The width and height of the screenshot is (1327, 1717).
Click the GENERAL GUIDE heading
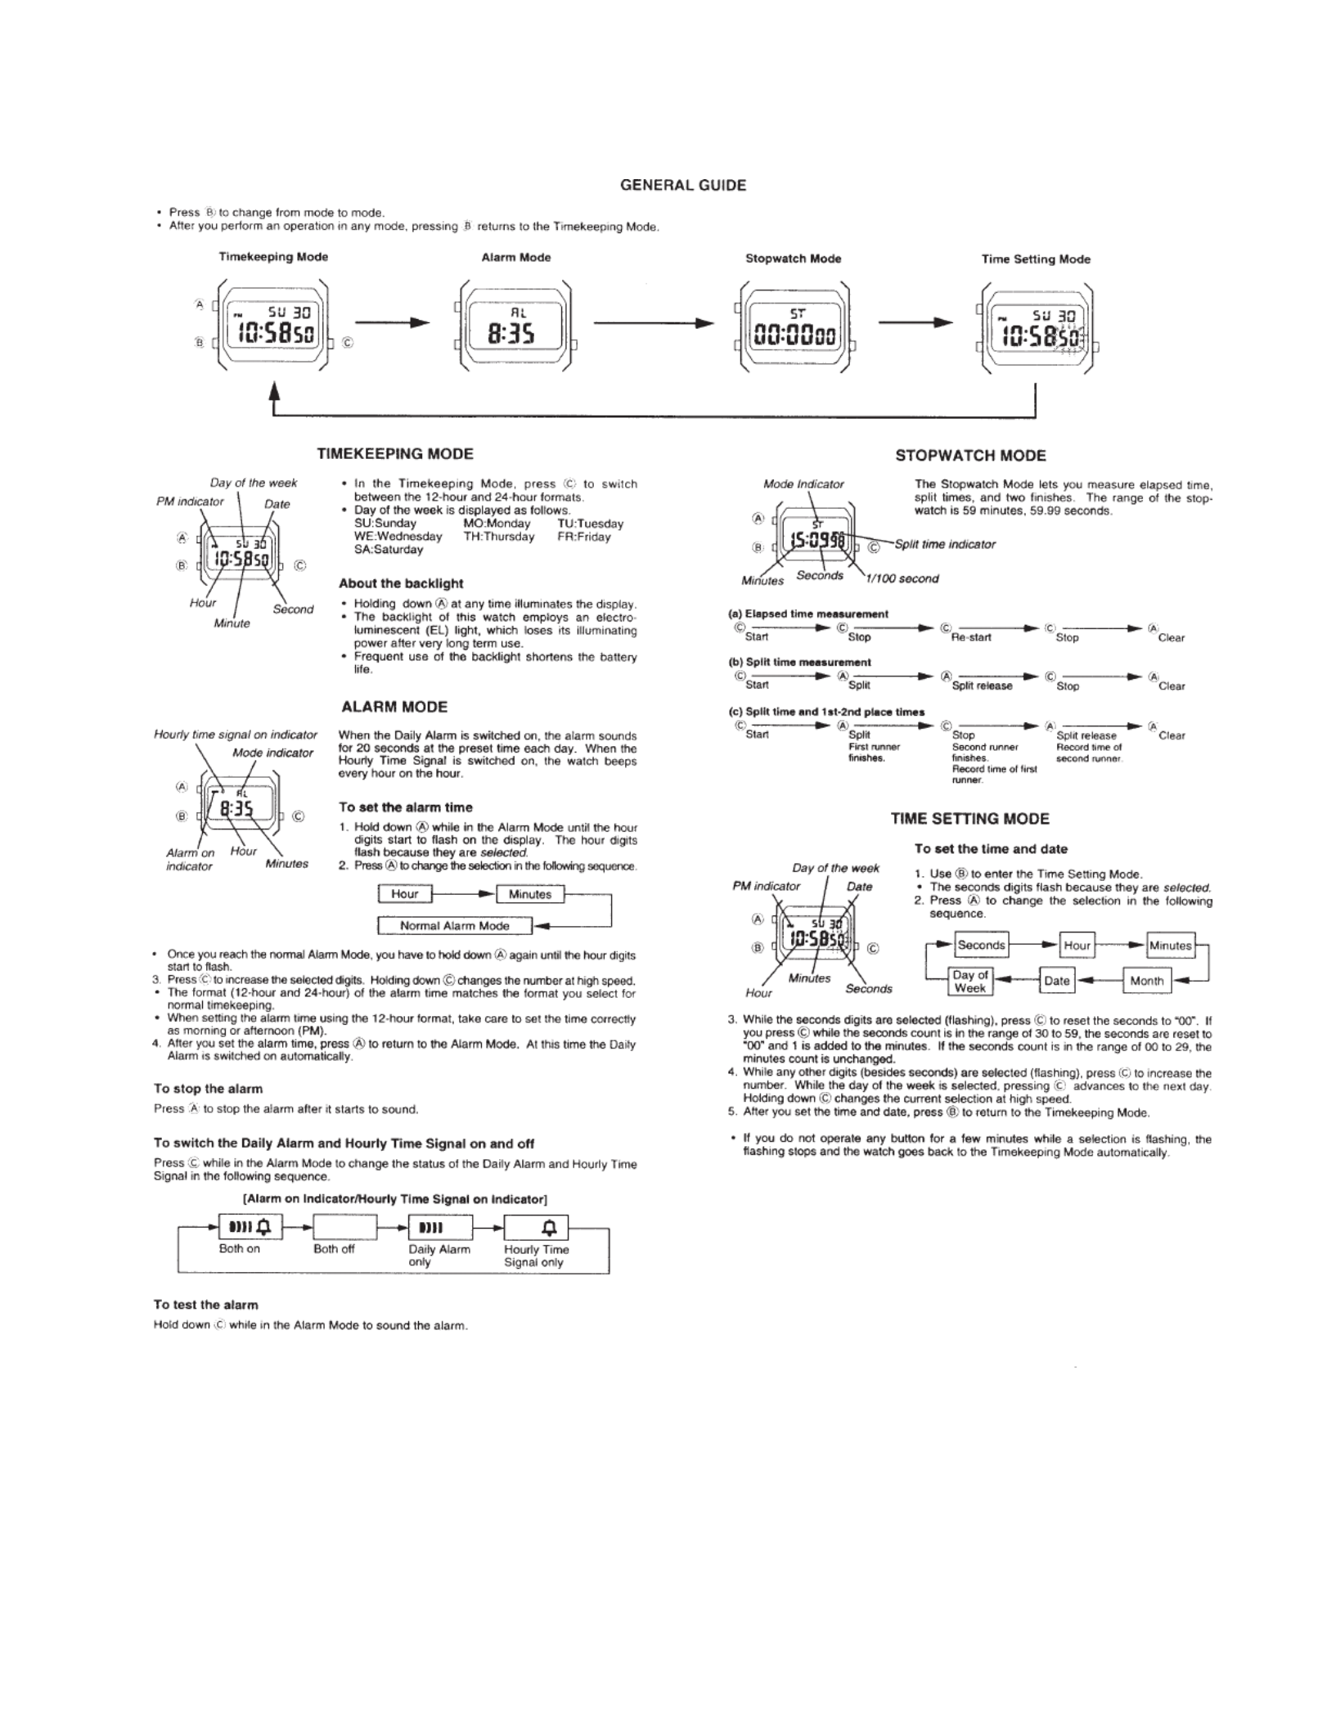coord(683,186)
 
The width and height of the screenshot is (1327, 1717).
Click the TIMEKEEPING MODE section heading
coord(395,454)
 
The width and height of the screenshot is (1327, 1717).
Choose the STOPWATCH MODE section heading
coord(970,456)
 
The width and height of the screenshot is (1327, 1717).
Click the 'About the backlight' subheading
coord(401,584)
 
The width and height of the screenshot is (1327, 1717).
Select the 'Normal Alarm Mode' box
coord(455,926)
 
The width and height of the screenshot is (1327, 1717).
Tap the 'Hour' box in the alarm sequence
coord(405,894)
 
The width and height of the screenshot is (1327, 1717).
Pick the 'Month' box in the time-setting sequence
coord(1147,981)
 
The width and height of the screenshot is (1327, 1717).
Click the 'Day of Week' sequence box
coord(970,982)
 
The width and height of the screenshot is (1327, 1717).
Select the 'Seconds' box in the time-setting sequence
coord(981,945)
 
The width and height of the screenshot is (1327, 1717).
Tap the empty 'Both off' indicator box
coord(345,1227)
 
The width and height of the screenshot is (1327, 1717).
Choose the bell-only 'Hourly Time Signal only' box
coord(536,1227)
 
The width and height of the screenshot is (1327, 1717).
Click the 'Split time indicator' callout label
coord(945,545)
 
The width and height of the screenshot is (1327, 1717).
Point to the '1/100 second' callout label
coord(902,579)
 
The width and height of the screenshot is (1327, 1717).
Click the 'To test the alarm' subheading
coord(206,1305)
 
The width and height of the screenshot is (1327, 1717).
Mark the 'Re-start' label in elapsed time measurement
coord(971,638)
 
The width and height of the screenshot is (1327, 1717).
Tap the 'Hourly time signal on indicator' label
coord(236,735)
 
